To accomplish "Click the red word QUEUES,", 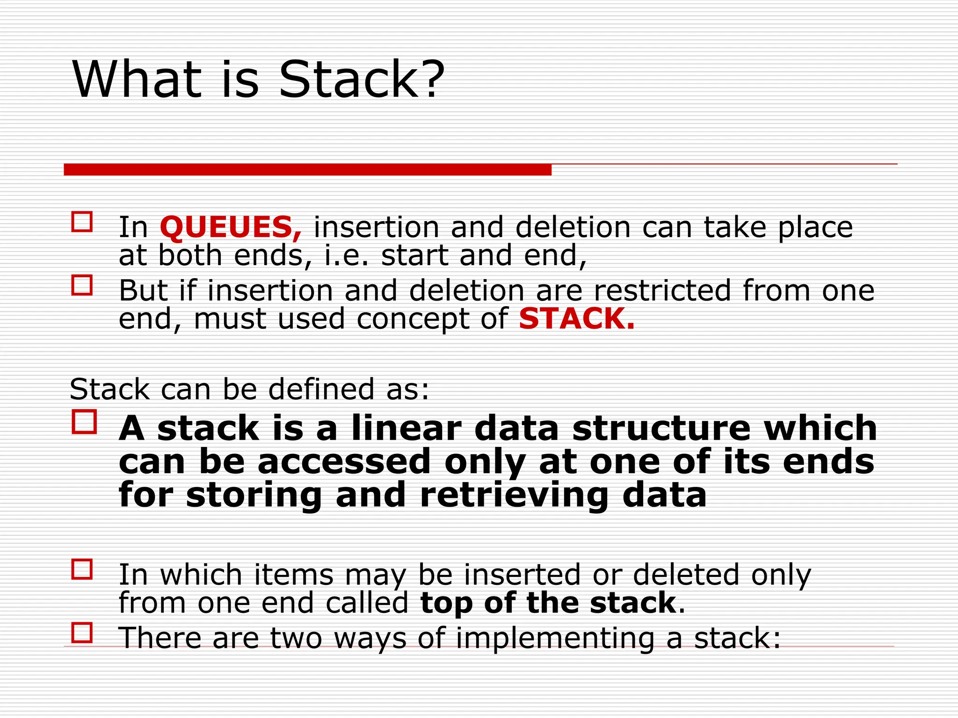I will point(231,228).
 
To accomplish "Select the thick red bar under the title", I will point(307,170).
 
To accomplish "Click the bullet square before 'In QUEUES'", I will point(82,222).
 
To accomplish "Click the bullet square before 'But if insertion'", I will point(82,285).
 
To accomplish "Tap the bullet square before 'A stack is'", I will point(84,422).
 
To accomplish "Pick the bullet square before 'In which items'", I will point(82,569).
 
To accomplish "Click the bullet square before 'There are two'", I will point(82,633).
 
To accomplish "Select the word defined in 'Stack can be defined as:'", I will point(321,389).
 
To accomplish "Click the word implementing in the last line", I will point(555,638).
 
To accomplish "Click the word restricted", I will point(662,290).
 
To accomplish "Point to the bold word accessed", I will point(344,462).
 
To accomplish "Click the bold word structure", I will point(661,428).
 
